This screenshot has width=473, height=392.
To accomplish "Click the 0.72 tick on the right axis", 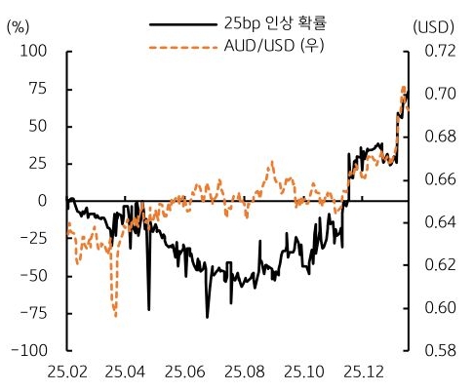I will tap(440, 52).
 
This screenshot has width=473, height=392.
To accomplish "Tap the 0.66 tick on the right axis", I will tap(440, 179).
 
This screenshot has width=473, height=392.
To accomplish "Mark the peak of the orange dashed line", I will tap(404, 88).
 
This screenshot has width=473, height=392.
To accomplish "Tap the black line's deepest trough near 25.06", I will tap(207, 317).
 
